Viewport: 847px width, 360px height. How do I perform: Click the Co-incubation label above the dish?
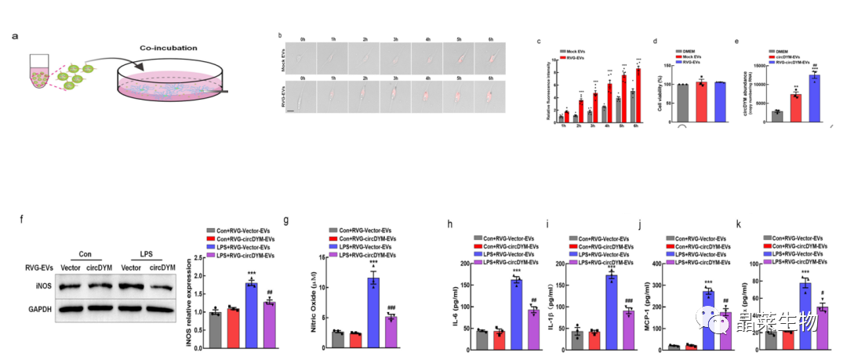point(169,48)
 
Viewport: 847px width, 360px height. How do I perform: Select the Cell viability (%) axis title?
point(663,86)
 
